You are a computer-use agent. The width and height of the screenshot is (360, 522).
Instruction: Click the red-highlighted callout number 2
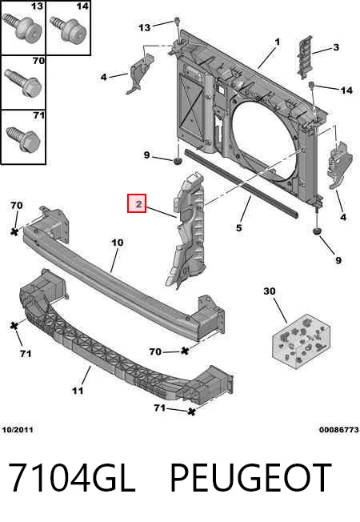tap(137, 203)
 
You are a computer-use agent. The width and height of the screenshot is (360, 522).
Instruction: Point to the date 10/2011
tap(18, 430)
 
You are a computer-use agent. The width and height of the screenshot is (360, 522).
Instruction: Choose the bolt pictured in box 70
tap(23, 83)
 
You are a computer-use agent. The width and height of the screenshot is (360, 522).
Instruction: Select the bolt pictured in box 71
tap(23, 139)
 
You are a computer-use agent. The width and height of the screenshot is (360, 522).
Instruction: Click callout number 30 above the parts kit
tap(270, 291)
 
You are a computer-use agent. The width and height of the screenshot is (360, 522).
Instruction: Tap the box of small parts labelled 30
tap(302, 342)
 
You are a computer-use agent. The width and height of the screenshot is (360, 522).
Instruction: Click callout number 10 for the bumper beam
tap(117, 243)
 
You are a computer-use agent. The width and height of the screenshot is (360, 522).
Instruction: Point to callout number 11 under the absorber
tap(78, 390)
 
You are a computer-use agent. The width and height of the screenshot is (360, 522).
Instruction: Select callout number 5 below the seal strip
tap(239, 228)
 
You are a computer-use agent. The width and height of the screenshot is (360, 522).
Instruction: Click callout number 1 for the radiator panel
tap(277, 42)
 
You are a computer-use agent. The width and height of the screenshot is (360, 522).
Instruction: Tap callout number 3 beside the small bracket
tap(336, 47)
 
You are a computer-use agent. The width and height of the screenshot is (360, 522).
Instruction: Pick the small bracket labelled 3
tap(305, 58)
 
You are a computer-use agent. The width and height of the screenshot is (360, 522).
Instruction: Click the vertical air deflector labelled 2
tap(187, 230)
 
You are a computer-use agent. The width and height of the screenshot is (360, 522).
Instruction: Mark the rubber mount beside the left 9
tap(178, 162)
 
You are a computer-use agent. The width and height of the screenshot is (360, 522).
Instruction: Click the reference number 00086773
tap(339, 430)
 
